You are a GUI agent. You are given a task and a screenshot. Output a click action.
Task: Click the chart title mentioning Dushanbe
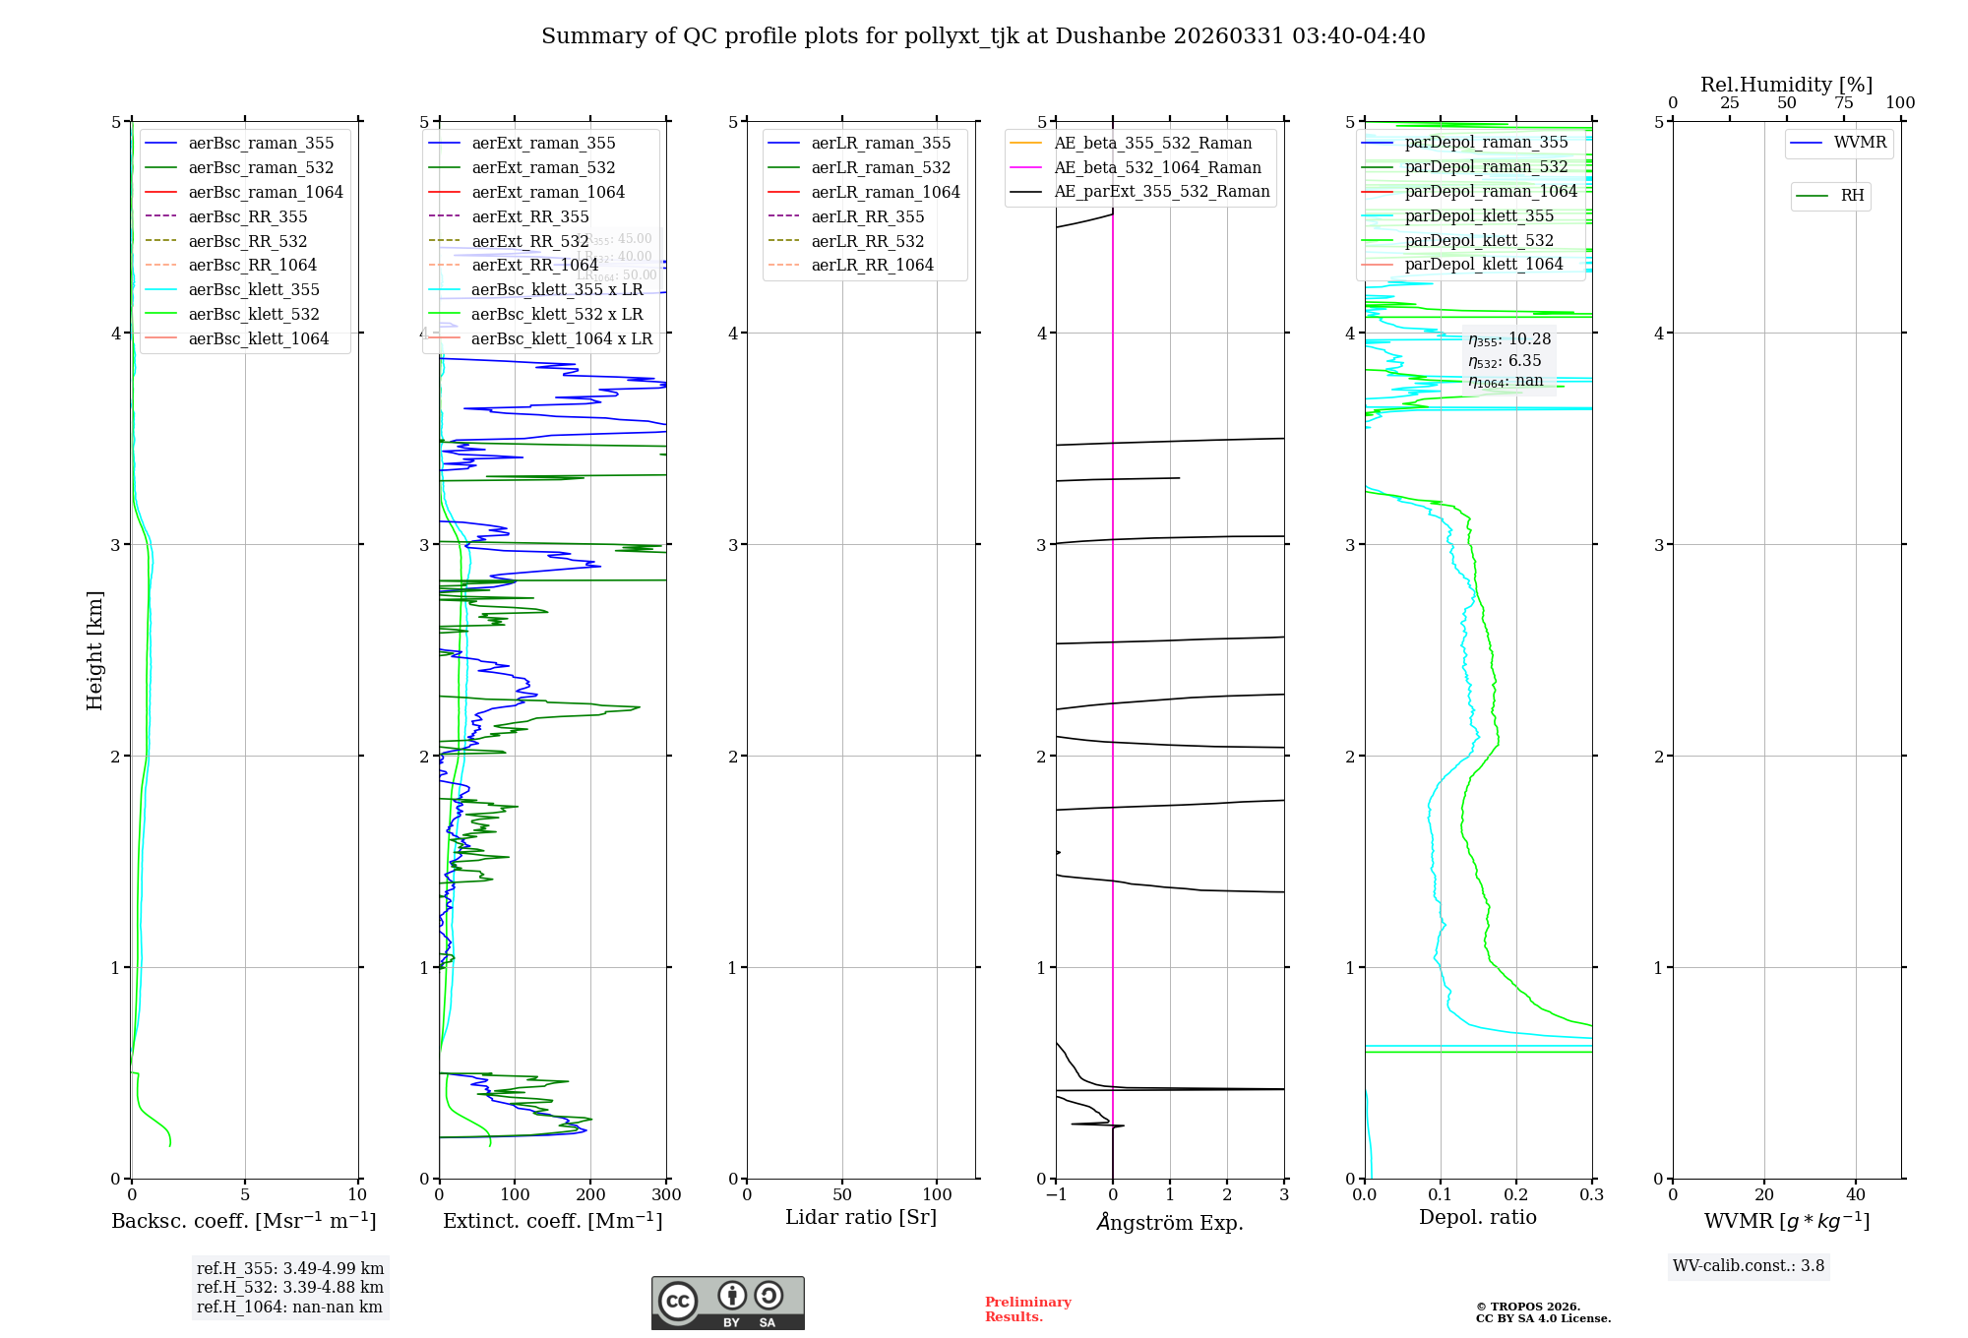coord(983,36)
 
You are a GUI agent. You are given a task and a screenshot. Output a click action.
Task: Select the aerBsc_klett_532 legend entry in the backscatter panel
coord(253,314)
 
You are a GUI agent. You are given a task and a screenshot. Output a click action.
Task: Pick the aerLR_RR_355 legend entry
coord(867,216)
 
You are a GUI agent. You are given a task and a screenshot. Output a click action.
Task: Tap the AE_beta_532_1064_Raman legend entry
coord(1157,167)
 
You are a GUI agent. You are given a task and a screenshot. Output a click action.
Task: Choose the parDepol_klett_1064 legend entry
coord(1483,264)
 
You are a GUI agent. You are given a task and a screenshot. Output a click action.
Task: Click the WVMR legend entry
coord(1859,143)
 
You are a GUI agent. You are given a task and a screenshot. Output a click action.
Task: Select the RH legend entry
coord(1851,196)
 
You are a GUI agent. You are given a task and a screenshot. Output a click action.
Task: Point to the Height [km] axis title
coord(94,649)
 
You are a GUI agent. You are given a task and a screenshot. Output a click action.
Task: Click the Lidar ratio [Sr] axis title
coord(861,1217)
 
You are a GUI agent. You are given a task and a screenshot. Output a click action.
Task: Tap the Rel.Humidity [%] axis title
coord(1786,85)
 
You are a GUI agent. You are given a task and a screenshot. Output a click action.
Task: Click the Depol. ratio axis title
coord(1477,1217)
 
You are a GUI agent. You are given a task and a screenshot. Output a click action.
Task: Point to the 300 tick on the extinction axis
coord(666,1194)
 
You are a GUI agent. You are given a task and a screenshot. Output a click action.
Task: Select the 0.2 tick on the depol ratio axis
coord(1516,1194)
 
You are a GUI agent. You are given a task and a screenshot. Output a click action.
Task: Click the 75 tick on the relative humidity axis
coord(1843,102)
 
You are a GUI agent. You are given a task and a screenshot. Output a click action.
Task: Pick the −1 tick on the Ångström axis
coord(1056,1194)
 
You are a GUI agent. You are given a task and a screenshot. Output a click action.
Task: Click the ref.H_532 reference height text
coord(289,1287)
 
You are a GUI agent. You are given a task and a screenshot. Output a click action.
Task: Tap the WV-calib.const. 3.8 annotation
coord(1748,1266)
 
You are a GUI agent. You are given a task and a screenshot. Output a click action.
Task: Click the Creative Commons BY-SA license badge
coord(727,1303)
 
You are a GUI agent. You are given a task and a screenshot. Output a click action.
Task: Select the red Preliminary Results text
coord(1027,1308)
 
